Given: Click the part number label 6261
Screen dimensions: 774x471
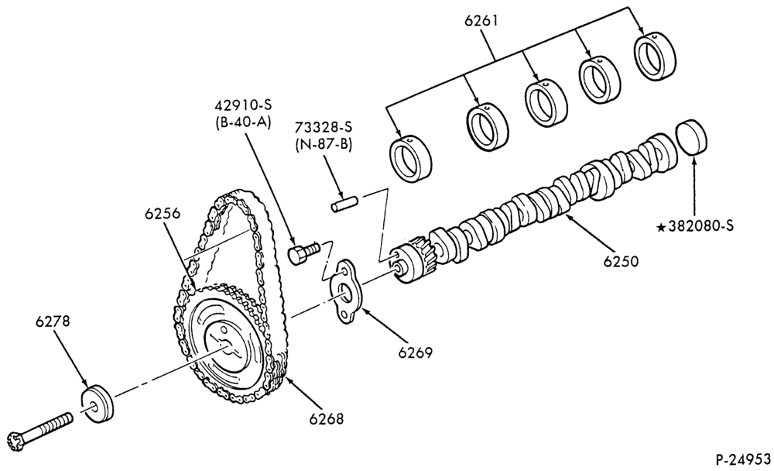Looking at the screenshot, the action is click(481, 22).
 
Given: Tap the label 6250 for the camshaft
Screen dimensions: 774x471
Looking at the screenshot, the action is click(621, 261).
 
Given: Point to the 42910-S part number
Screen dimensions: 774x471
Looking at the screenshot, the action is click(243, 105).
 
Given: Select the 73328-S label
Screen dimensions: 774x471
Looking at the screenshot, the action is click(324, 128).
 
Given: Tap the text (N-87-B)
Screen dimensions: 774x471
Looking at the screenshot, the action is click(324, 145).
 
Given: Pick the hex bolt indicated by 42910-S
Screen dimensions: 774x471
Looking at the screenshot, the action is click(303, 253).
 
